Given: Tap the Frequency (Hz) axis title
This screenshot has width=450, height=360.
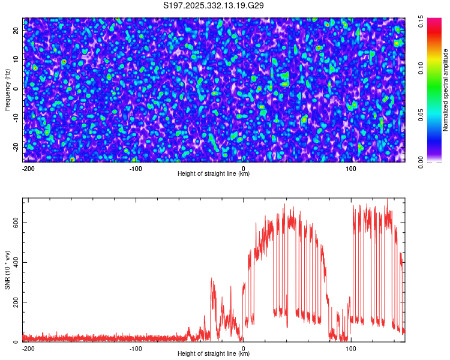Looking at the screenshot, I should coord(7,89).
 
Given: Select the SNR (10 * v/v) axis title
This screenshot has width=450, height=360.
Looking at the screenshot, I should coord(8,269).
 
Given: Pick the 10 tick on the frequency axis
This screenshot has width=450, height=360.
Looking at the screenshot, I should coord(16,60).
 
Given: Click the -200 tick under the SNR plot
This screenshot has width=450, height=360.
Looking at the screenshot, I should coord(28,347).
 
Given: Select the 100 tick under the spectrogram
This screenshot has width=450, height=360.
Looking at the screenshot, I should coord(351,167).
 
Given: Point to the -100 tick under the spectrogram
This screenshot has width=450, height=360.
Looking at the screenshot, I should coord(136,167).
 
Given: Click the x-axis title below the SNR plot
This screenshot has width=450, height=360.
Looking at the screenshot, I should coord(214,354).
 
